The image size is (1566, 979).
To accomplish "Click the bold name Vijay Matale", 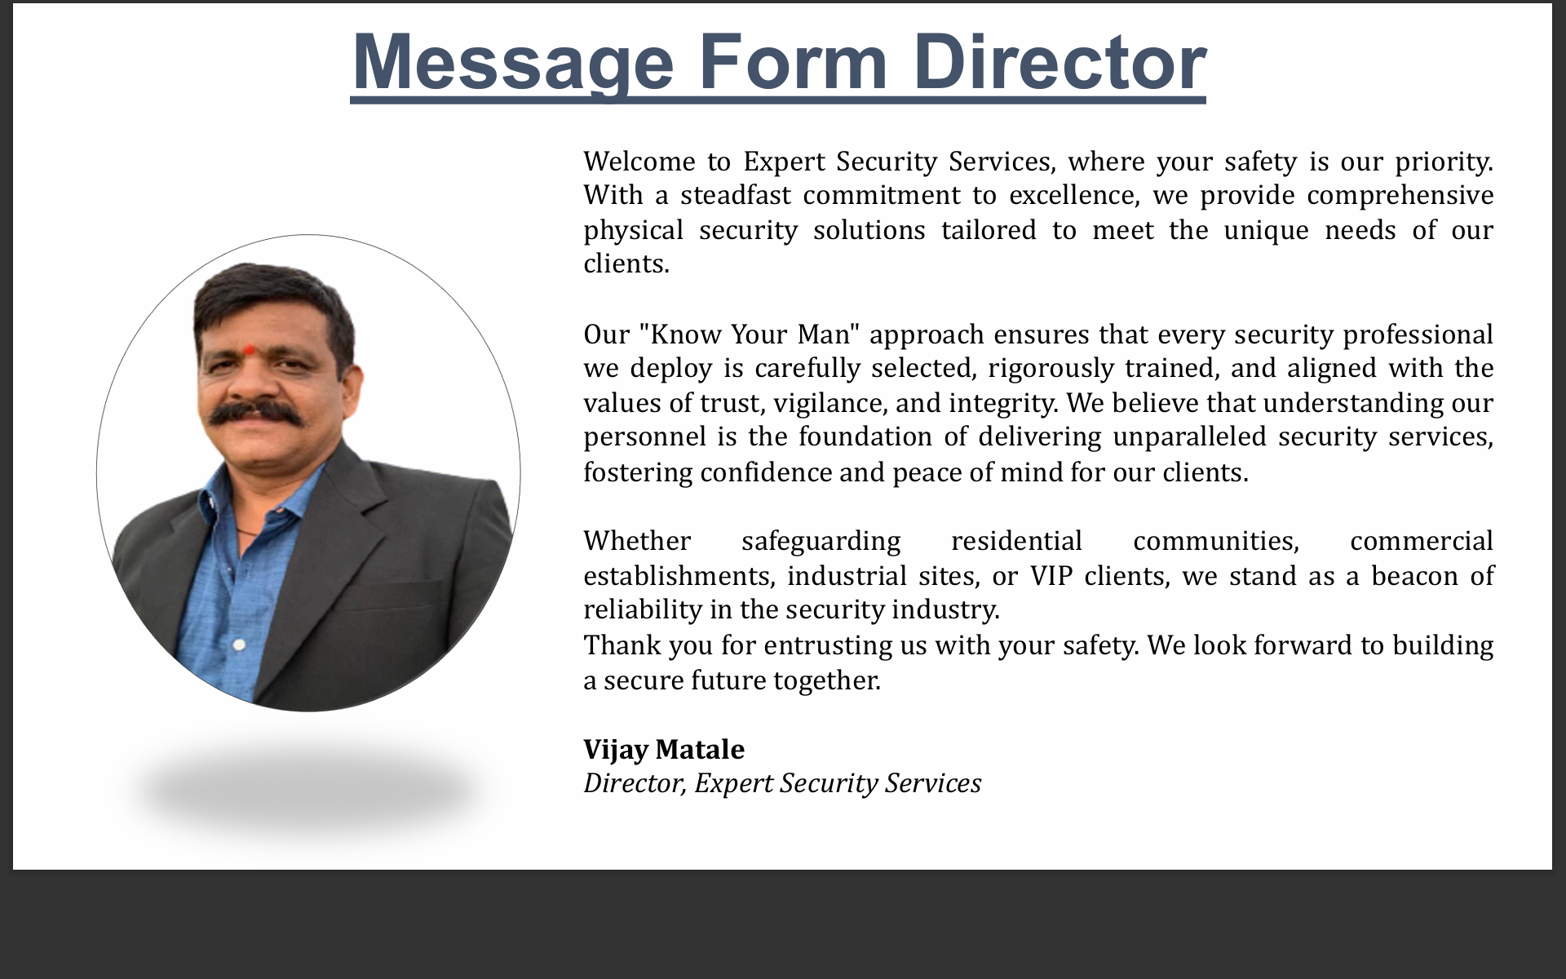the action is click(x=664, y=750).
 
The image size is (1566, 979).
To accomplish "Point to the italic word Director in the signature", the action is click(x=635, y=783).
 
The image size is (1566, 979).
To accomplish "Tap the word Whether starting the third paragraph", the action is click(x=637, y=541).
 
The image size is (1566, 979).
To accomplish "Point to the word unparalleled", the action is click(x=1189, y=437).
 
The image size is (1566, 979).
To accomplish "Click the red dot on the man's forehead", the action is click(x=249, y=350).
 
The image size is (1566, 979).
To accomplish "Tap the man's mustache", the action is click(x=254, y=412).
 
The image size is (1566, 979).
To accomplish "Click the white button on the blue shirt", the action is click(x=239, y=645).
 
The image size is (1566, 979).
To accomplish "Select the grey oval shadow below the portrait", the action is click(x=307, y=790).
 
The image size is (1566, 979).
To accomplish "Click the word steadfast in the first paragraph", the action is click(x=736, y=196).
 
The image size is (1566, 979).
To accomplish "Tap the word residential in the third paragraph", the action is click(x=1016, y=541).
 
